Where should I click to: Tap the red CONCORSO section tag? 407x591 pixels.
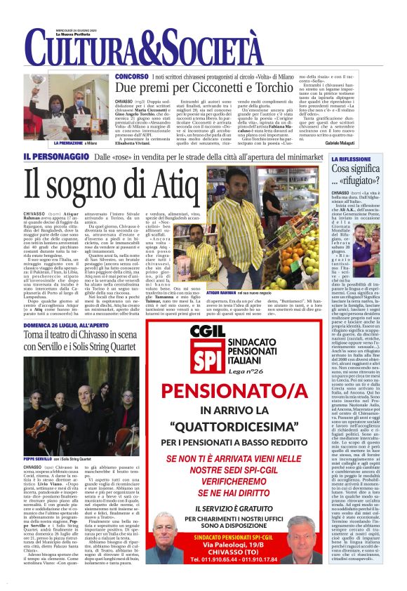(x=132, y=75)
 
